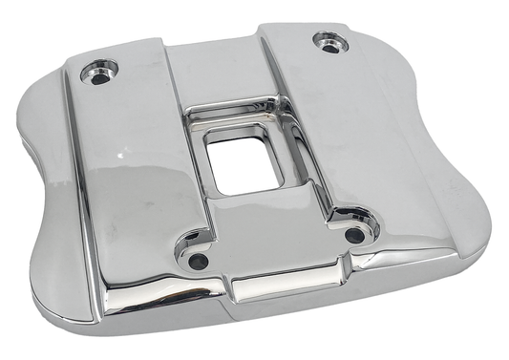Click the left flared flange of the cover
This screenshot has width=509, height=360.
(x=48, y=201)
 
